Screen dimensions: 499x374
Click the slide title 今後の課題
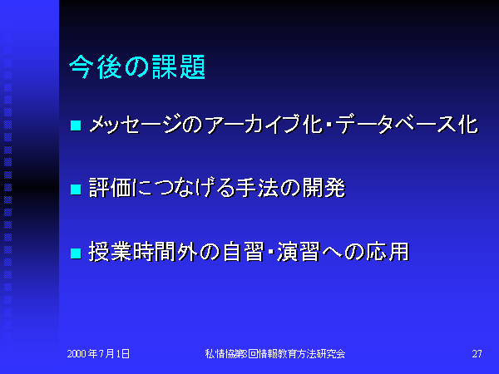tap(137, 66)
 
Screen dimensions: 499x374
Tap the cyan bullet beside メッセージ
tap(76, 125)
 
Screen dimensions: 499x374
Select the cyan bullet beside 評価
tap(76, 189)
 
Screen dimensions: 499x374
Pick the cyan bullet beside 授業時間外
tap(76, 253)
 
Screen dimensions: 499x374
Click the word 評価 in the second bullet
tap(111, 188)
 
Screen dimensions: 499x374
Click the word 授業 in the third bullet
tap(110, 252)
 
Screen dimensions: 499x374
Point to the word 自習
tap(244, 252)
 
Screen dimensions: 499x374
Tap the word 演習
tap(299, 252)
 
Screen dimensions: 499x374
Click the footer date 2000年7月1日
tap(98, 354)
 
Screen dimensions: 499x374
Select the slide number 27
tap(477, 354)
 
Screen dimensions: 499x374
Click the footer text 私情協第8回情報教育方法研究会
tap(275, 354)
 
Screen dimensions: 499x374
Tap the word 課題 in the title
tap(179, 66)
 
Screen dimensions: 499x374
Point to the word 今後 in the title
tap(95, 66)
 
